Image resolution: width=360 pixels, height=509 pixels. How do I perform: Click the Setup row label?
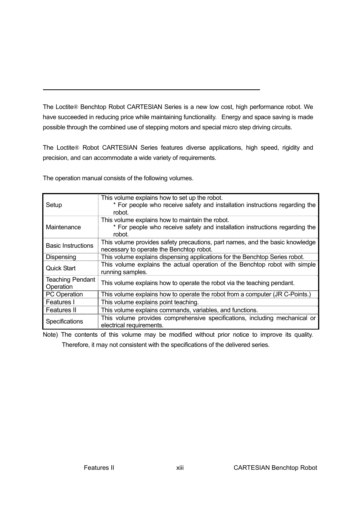click(x=54, y=205)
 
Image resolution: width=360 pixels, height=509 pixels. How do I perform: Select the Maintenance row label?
click(x=63, y=227)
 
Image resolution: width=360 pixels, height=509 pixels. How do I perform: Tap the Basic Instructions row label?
click(x=69, y=245)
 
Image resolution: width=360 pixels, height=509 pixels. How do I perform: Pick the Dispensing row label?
click(x=61, y=257)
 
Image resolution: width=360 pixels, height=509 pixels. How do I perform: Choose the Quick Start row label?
click(x=61, y=268)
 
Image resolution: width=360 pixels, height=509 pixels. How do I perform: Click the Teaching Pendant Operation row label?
click(x=70, y=283)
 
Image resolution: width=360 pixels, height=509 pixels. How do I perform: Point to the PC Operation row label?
click(x=64, y=294)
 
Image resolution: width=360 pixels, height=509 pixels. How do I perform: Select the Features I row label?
click(x=60, y=302)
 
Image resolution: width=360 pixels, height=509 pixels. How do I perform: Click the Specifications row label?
click(x=64, y=321)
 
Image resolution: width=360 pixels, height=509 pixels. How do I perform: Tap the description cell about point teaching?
click(x=150, y=302)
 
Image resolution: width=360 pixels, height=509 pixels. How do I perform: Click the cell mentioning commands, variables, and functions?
click(x=179, y=310)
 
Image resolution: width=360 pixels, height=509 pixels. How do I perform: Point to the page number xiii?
click(x=180, y=468)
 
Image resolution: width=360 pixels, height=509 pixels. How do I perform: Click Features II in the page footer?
click(x=99, y=468)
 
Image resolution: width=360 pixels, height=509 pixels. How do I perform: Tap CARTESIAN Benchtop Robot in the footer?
click(x=275, y=468)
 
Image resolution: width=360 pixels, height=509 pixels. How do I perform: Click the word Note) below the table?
click(x=50, y=334)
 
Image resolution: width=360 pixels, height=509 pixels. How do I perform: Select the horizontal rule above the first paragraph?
click(x=151, y=90)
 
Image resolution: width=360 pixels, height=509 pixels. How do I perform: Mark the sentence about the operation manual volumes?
click(x=118, y=178)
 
